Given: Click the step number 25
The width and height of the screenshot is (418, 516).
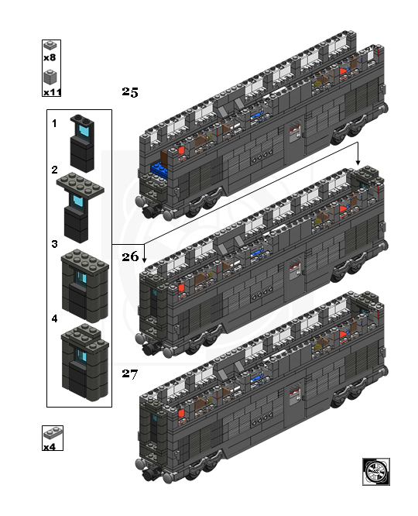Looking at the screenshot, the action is pyautogui.click(x=130, y=92).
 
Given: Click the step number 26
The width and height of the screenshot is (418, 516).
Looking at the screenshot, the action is pyautogui.click(x=130, y=256).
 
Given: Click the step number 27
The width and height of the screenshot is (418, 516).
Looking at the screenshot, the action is pyautogui.click(x=130, y=374).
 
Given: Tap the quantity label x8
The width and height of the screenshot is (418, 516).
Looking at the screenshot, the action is pyautogui.click(x=50, y=57).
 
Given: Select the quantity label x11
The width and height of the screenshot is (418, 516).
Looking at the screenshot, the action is pyautogui.click(x=53, y=92).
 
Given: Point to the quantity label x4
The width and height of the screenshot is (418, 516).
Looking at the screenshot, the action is pyautogui.click(x=50, y=447).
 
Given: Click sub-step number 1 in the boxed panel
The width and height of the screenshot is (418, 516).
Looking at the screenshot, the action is pyautogui.click(x=55, y=123).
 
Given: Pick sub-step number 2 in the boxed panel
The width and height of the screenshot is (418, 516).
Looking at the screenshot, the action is pyautogui.click(x=55, y=170).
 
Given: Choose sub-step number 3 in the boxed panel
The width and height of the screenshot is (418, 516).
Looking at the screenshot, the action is pyautogui.click(x=55, y=244).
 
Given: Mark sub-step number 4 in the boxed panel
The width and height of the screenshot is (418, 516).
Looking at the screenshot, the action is pyautogui.click(x=55, y=318).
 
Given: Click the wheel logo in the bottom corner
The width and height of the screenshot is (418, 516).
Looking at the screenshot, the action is pyautogui.click(x=376, y=471).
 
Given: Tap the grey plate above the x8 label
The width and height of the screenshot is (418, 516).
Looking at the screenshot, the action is pyautogui.click(x=50, y=45).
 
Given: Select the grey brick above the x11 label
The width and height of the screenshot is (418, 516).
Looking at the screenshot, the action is pyautogui.click(x=50, y=77).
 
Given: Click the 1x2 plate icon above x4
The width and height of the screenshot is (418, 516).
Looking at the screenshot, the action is pyautogui.click(x=53, y=434).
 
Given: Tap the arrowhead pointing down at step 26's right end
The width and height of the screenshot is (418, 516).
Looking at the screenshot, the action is pyautogui.click(x=358, y=162).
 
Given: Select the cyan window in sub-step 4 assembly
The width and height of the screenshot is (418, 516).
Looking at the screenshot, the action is pyautogui.click(x=81, y=356).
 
